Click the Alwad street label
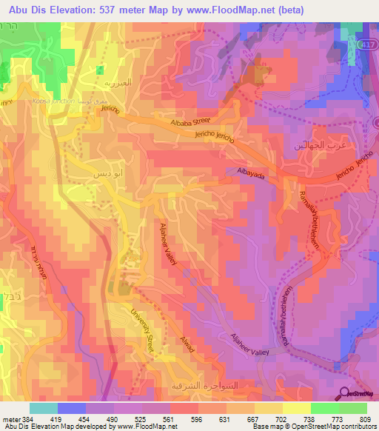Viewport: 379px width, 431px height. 188,346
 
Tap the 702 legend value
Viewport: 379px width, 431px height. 281,418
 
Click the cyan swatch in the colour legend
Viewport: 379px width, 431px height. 43,408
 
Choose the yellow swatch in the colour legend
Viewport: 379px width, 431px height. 295,408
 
